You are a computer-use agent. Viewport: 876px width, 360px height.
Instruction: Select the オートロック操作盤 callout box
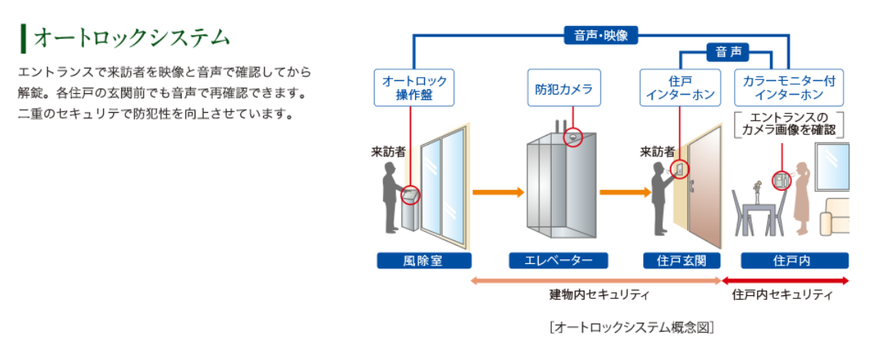(414, 88)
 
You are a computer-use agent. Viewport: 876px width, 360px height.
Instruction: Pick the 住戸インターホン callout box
(681, 88)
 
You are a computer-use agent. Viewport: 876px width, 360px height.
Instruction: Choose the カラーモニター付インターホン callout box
(789, 88)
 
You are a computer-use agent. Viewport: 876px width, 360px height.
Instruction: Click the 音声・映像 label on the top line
(601, 34)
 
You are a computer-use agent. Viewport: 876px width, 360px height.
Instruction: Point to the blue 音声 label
(727, 53)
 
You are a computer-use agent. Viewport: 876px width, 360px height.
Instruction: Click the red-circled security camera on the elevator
(572, 137)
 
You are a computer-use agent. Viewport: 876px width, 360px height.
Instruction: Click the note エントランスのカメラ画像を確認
(789, 124)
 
